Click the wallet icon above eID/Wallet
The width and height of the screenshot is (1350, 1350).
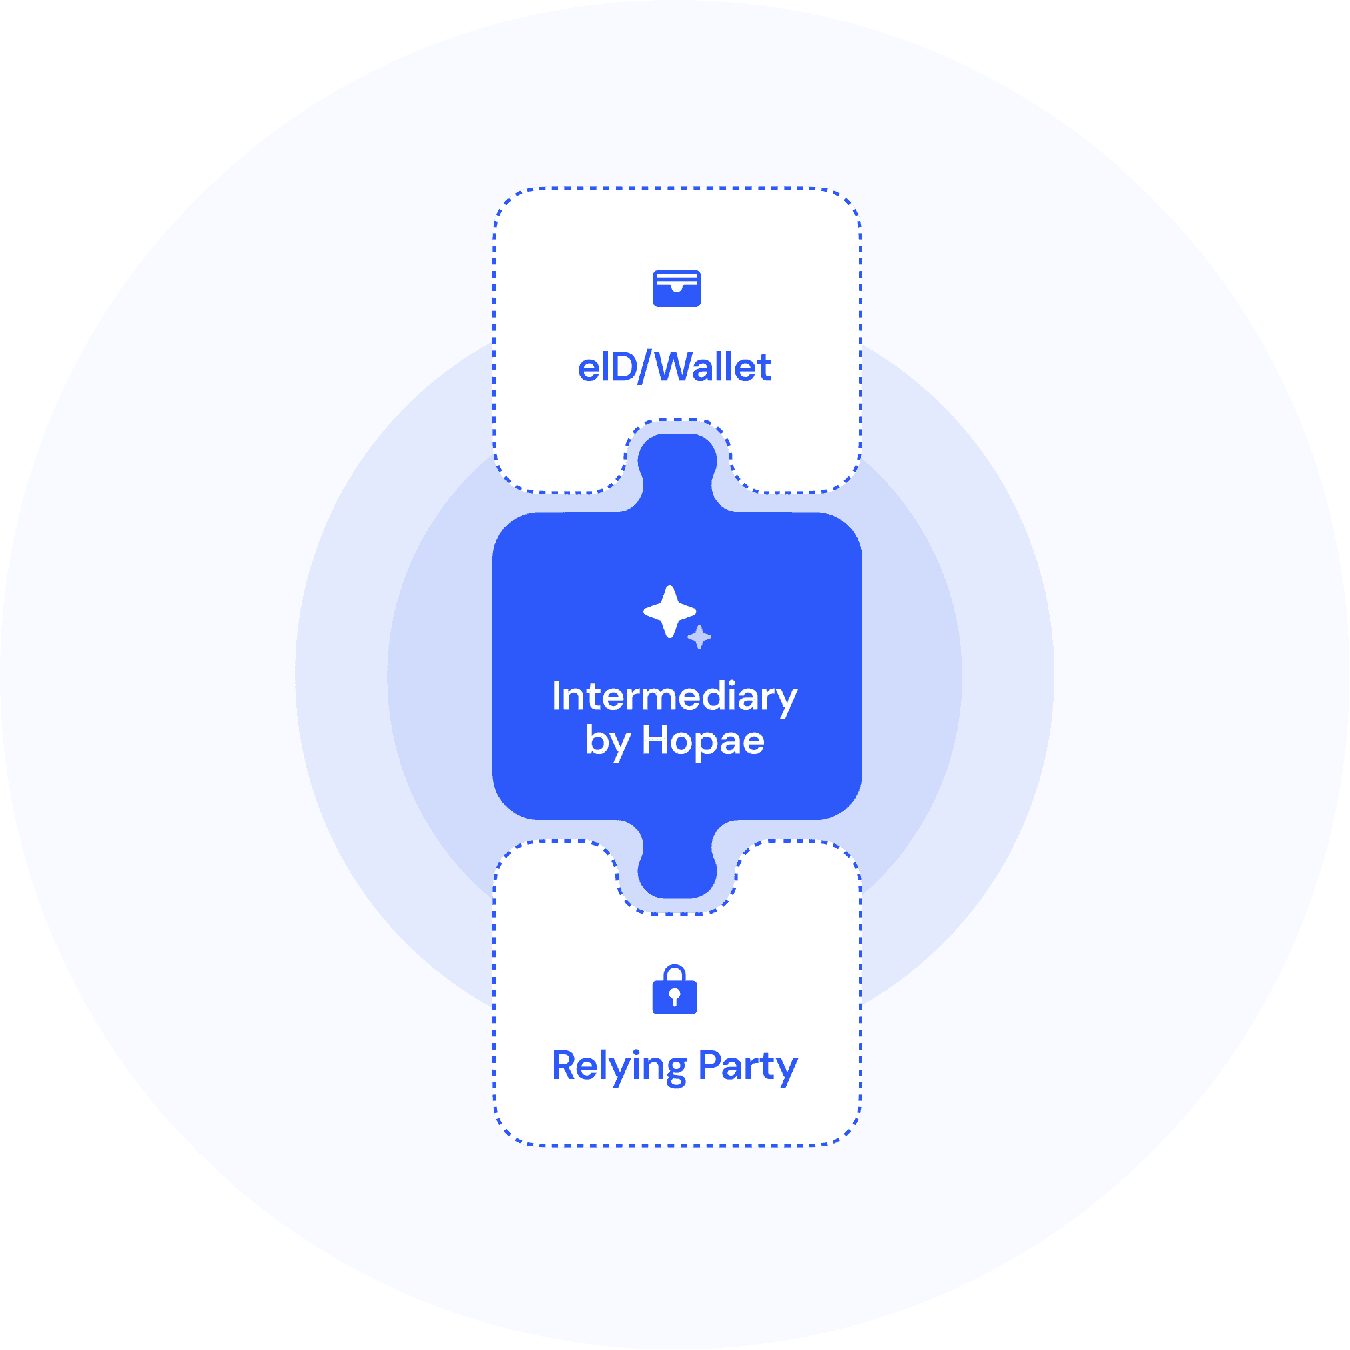tap(677, 288)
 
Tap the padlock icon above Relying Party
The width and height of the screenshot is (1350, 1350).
tap(674, 990)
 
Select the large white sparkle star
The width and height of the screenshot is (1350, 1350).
tap(669, 611)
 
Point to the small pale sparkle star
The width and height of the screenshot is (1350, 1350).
tap(699, 637)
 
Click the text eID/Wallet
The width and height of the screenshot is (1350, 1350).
tap(674, 368)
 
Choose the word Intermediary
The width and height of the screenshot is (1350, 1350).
tap(674, 697)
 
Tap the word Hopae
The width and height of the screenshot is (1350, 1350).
tap(703, 741)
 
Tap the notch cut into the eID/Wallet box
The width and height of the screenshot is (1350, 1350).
tap(677, 454)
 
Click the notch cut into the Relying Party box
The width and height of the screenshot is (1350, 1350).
tap(676, 878)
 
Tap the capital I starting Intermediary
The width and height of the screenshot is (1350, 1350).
tap(556, 696)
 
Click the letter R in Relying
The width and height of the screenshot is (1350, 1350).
tap(565, 1066)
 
